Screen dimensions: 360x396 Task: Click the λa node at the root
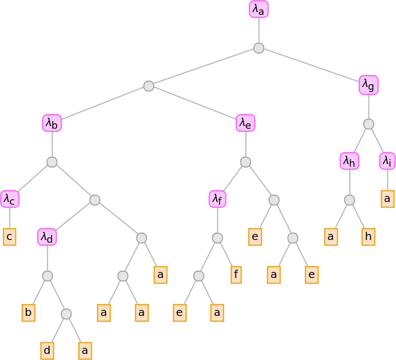[258, 9]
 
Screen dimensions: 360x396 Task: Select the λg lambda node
[369, 85]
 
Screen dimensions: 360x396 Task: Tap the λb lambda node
[52, 123]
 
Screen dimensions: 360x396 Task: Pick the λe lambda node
[245, 123]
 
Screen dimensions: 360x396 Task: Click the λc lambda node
[9, 199]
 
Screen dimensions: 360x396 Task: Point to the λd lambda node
[47, 237]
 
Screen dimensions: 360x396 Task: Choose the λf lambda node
[217, 199]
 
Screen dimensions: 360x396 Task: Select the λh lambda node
[349, 161]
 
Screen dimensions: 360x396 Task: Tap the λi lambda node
[388, 161]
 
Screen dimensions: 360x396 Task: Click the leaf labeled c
[9, 237]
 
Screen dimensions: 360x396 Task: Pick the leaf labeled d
[47, 350]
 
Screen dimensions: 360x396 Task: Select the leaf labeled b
[29, 313]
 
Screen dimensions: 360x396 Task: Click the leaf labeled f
[236, 275]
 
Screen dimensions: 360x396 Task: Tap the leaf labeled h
[368, 237]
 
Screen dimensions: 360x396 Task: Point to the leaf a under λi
[388, 199]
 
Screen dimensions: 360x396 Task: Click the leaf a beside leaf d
[85, 350]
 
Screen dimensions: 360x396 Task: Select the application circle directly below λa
[258, 48]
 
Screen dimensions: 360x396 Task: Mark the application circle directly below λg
[369, 124]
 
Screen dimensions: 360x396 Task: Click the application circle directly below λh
[349, 200]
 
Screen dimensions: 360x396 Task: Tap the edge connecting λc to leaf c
[9, 218]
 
